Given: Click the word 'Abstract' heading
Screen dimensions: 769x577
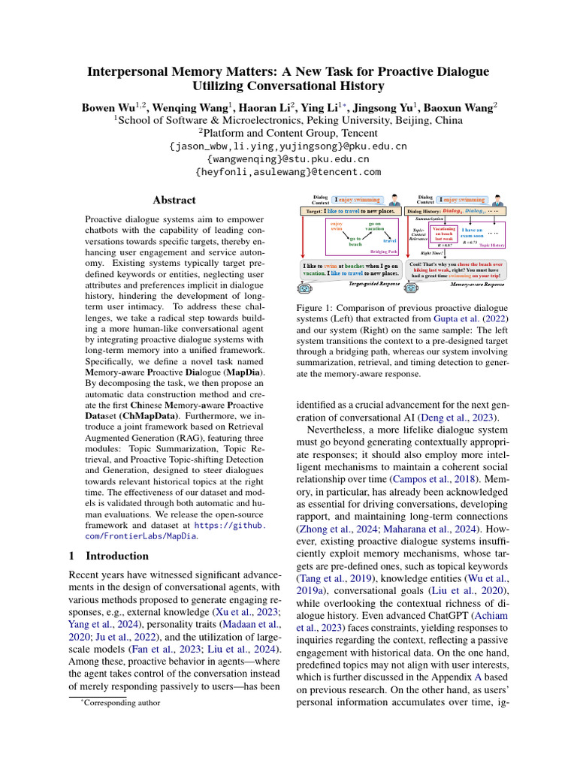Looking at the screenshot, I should tap(174, 201).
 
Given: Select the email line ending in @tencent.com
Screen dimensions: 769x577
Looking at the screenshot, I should tap(288, 172).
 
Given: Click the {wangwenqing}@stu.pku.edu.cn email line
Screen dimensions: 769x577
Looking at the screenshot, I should tap(288, 159).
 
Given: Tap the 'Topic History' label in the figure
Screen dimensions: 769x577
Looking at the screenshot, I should tap(493, 245).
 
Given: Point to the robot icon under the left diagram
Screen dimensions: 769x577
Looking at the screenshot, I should tap(304, 287).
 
